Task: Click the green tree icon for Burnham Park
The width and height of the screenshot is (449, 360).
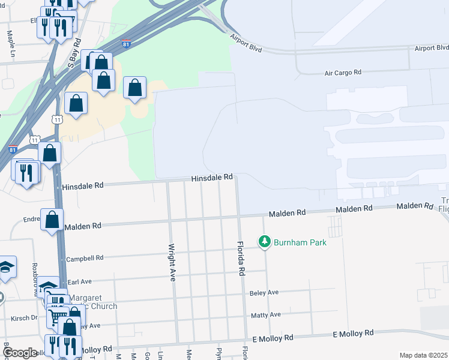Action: pos(264,242)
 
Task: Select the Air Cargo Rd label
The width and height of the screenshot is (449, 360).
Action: pos(343,72)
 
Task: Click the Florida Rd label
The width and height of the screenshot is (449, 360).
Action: pos(241,258)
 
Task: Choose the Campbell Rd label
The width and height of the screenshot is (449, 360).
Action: pos(85,258)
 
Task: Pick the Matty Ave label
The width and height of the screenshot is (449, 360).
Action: pos(267,314)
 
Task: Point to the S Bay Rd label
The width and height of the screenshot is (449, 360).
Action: pos(74,53)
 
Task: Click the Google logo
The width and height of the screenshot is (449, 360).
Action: pos(20,352)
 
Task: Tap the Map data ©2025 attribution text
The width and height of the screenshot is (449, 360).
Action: pos(424,355)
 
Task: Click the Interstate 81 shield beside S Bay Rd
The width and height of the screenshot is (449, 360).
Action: pos(125,44)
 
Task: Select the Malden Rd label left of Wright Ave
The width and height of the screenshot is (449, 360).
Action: pos(84,226)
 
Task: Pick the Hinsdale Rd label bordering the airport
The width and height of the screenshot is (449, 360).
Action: pos(212,178)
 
